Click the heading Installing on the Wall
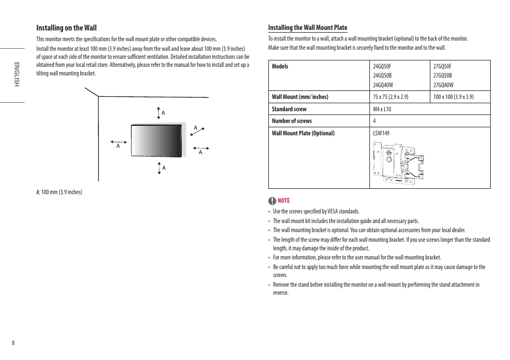coord(66,28)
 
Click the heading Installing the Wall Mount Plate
coord(307,28)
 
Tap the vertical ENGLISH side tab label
coord(17,74)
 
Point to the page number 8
coord(13,343)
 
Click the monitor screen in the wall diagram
coord(156,141)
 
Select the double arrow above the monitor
coord(159,113)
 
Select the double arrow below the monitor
coord(159,168)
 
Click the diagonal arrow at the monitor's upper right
coord(197,132)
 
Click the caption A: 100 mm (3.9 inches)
coord(59,192)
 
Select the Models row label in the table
coord(280,66)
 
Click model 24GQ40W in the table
coord(383,85)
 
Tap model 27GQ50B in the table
coord(443,75)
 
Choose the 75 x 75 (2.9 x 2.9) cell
coord(390,97)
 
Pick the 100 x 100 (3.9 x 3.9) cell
coord(453,97)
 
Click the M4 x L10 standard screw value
coord(382,109)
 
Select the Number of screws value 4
coord(374,121)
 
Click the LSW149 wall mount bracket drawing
coord(399,163)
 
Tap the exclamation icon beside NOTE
coord(272,201)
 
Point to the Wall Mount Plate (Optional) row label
coord(303,133)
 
